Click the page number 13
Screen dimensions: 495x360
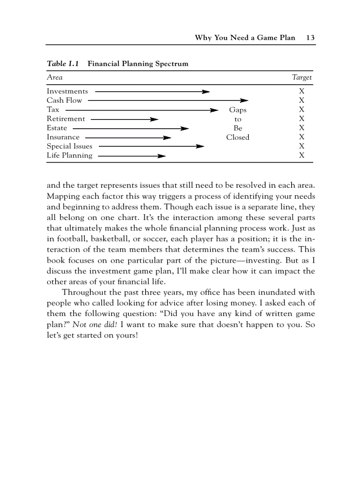(x=310, y=37)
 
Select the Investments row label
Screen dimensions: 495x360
(x=67, y=91)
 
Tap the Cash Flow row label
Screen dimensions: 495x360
(x=64, y=100)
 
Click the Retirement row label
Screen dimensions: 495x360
(x=66, y=119)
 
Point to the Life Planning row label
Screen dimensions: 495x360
(x=70, y=155)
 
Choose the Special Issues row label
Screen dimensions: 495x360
(x=70, y=146)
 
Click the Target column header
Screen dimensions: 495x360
(x=302, y=78)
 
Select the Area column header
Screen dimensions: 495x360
(x=55, y=78)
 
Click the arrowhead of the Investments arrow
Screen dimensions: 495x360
(x=206, y=92)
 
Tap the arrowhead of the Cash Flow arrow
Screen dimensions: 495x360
(x=245, y=100)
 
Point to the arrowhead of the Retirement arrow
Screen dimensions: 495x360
(x=154, y=119)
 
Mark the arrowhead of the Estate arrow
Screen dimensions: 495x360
(x=185, y=128)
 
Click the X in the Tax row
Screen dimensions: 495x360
(x=302, y=110)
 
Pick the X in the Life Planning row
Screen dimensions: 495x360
(x=302, y=156)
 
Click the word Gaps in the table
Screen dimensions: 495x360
(x=238, y=110)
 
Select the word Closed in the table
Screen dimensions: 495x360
(x=238, y=138)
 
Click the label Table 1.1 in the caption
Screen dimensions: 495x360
(x=63, y=63)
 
